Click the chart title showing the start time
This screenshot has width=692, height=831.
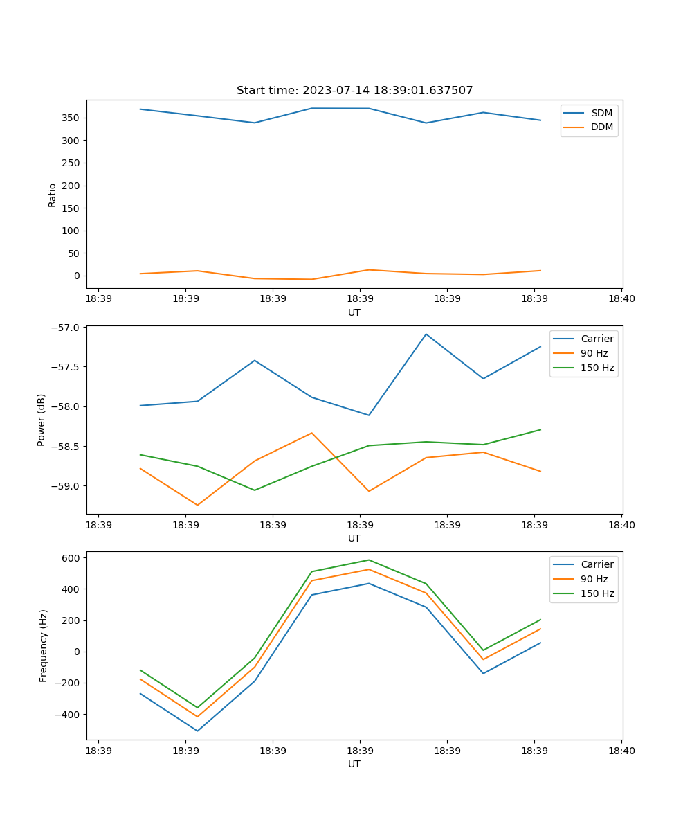coord(354,91)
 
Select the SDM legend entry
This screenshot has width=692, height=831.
coord(601,113)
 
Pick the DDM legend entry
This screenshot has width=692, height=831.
coord(601,127)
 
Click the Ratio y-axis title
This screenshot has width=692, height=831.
coord(53,195)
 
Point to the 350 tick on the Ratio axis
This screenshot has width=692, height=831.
coord(72,118)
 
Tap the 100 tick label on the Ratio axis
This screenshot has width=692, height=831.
coord(72,231)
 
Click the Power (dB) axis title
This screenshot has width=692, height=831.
coord(42,420)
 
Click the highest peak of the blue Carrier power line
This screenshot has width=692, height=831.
coord(426,334)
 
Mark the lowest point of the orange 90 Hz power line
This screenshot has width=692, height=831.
coord(197,506)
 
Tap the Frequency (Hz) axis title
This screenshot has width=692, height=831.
coord(44,645)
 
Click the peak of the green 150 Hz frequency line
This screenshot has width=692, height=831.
coord(369,560)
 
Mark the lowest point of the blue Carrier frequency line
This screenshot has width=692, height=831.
coord(197,731)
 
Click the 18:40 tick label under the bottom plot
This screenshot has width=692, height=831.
coord(621,751)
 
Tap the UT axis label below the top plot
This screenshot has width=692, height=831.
coord(354,312)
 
